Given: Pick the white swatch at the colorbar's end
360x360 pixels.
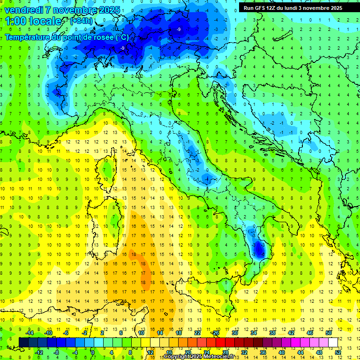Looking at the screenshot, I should [x=333, y=342].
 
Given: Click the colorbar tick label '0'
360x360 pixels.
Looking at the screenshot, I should [x=93, y=352].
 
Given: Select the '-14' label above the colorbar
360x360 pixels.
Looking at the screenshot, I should [x=30, y=333].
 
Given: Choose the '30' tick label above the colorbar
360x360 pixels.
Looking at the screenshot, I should [x=235, y=333].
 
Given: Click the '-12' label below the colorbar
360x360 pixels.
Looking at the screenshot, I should [x=39, y=352].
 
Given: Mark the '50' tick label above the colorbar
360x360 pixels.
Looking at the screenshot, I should [x=329, y=333].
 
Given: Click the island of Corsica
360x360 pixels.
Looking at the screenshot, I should [x=107, y=166].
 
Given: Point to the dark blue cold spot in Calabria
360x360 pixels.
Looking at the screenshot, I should [x=258, y=251].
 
